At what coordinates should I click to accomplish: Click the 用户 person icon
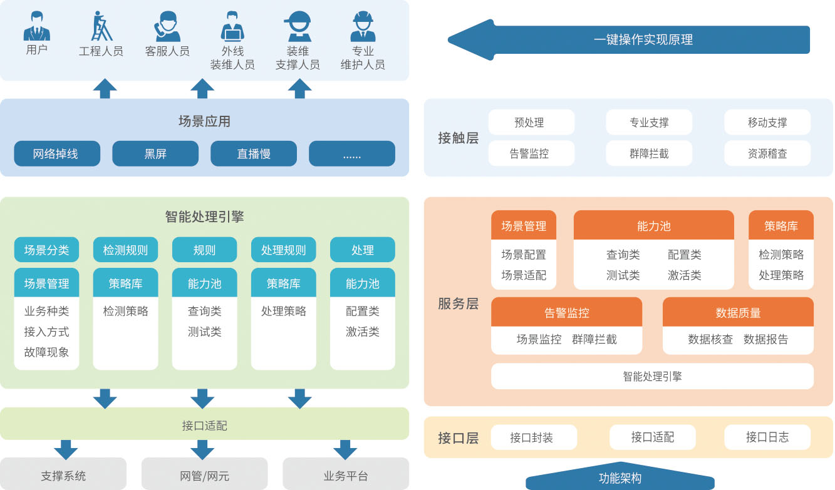[x=37, y=26]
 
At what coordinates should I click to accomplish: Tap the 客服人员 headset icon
[x=167, y=26]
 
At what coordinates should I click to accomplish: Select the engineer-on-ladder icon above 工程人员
[x=101, y=26]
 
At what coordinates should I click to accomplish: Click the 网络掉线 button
[x=56, y=153]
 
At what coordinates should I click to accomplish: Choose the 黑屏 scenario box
[x=155, y=153]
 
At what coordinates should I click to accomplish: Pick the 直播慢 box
[x=254, y=153]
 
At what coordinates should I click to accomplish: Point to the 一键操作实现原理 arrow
[x=630, y=39]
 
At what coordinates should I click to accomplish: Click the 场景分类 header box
[x=47, y=250]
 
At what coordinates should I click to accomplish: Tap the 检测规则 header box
[x=125, y=250]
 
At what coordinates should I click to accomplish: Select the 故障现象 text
[x=47, y=352]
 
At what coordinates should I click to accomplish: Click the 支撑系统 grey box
[x=63, y=476]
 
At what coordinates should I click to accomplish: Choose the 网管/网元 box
[x=204, y=476]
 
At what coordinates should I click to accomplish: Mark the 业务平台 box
[x=346, y=476]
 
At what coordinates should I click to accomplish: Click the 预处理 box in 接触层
[x=531, y=123]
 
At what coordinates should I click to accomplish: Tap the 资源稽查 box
[x=767, y=153]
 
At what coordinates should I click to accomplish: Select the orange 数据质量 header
[x=738, y=312]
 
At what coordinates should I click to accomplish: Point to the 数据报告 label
[x=765, y=339]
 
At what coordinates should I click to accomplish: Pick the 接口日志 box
[x=767, y=437]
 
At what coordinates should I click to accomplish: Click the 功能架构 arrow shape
[x=620, y=479]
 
